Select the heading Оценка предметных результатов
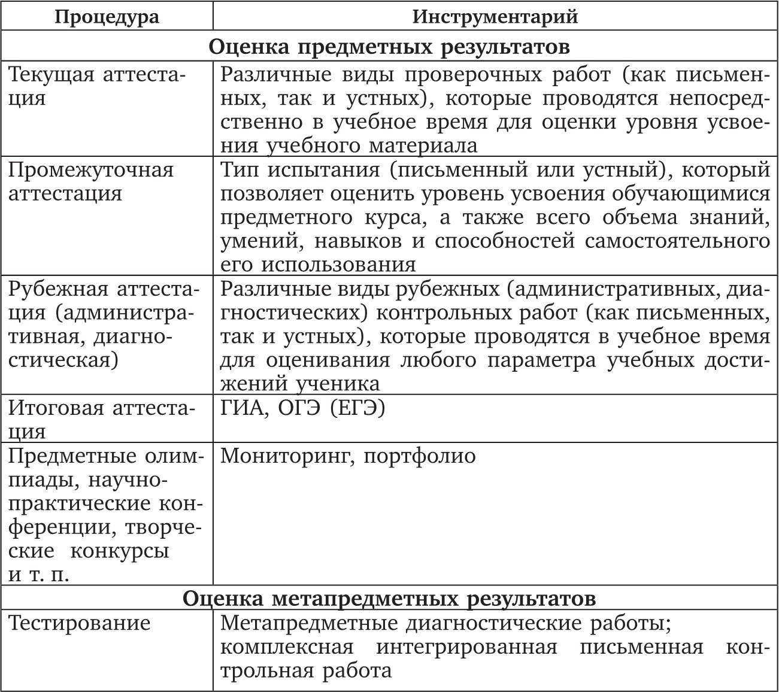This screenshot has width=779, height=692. [389, 47]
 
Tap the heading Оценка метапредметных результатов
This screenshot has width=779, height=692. [389, 598]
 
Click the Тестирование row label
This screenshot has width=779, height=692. [80, 623]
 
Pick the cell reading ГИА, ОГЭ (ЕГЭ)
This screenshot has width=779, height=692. [302, 408]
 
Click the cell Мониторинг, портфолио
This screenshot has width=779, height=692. [348, 456]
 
